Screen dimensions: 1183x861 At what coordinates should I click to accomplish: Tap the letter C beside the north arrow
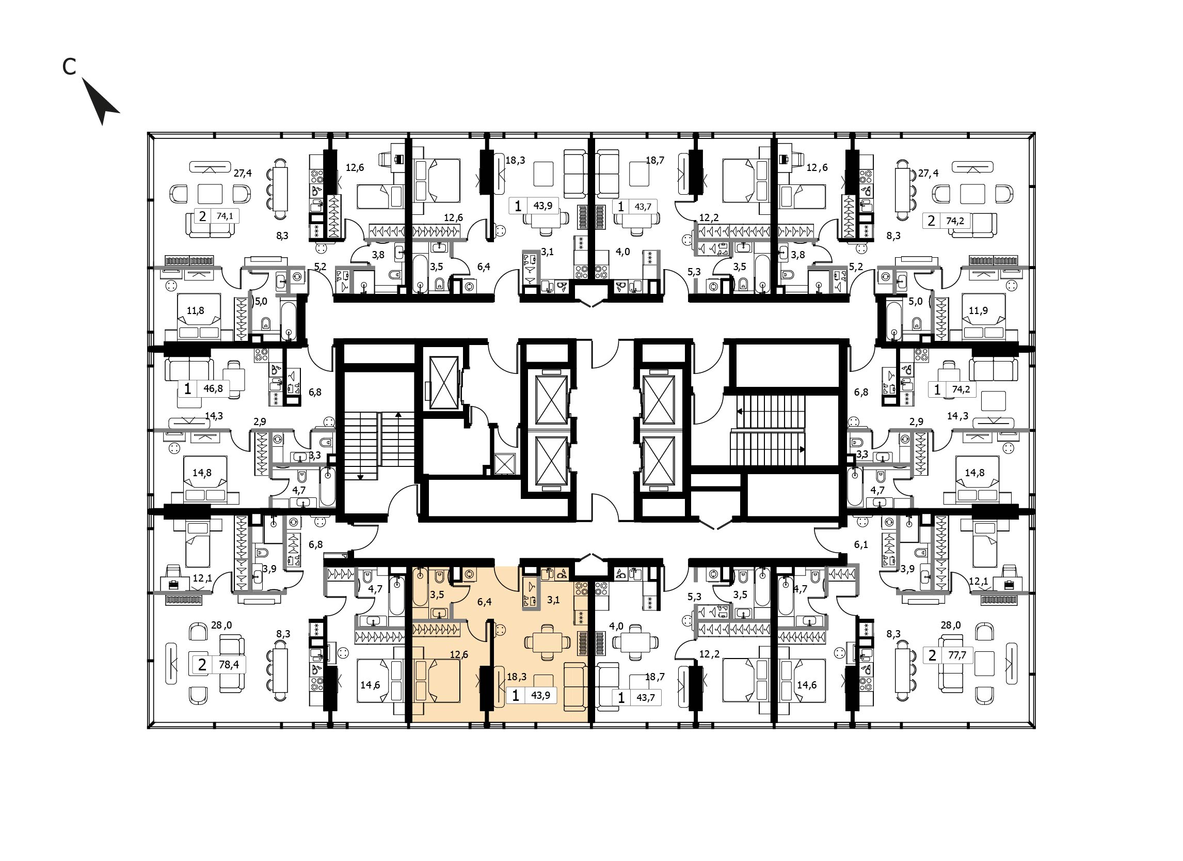point(69,66)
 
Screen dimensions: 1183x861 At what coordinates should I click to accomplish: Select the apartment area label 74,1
point(225,215)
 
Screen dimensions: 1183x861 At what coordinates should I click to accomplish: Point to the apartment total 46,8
point(213,388)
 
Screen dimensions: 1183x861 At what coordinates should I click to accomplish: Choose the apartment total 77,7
point(956,655)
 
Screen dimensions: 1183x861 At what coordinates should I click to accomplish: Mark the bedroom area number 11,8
point(196,310)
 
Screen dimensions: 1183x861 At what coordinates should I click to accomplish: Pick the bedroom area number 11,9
point(978,310)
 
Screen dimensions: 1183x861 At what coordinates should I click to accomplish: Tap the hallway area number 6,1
point(861,544)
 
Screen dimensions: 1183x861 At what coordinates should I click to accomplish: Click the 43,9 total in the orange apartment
point(540,695)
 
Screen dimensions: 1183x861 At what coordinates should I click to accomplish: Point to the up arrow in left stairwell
point(398,415)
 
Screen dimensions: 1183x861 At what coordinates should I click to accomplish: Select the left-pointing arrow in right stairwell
point(740,412)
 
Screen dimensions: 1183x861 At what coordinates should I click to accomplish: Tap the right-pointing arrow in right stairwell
point(802,449)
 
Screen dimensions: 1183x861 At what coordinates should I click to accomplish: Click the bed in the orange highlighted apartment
point(437,680)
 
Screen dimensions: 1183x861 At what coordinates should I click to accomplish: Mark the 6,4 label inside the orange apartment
point(485,602)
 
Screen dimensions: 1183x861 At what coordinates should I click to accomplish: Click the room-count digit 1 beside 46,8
point(188,388)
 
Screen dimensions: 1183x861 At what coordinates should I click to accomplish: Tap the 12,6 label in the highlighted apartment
point(458,654)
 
